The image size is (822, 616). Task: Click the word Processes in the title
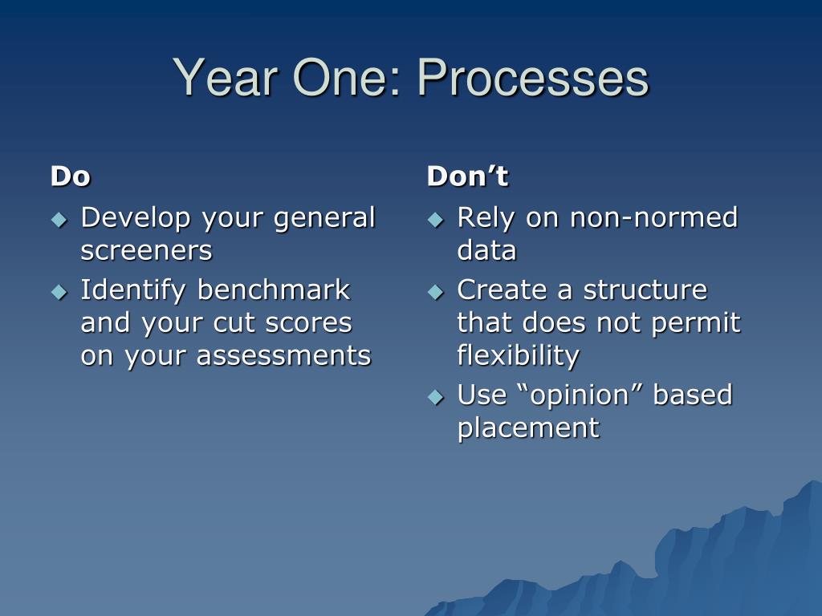click(533, 79)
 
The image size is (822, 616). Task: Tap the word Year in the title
click(225, 77)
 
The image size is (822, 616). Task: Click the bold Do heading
click(71, 176)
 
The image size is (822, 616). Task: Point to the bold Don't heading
click(467, 176)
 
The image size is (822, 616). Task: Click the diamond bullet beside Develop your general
click(59, 219)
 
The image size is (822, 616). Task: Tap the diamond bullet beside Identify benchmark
click(59, 291)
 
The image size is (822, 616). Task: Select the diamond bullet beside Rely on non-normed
click(436, 219)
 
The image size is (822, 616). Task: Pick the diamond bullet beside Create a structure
click(436, 291)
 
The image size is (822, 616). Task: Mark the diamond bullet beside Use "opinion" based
click(436, 396)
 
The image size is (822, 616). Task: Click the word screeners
click(146, 251)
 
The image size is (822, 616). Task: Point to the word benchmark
click(273, 290)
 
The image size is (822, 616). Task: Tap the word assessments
click(283, 356)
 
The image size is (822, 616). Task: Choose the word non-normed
click(653, 217)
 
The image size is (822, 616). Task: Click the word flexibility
click(518, 356)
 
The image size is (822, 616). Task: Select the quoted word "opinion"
click(579, 395)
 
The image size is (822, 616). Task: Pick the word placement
click(528, 429)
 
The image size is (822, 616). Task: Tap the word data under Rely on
click(486, 250)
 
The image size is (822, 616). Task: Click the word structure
click(645, 290)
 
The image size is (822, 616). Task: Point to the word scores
click(308, 323)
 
